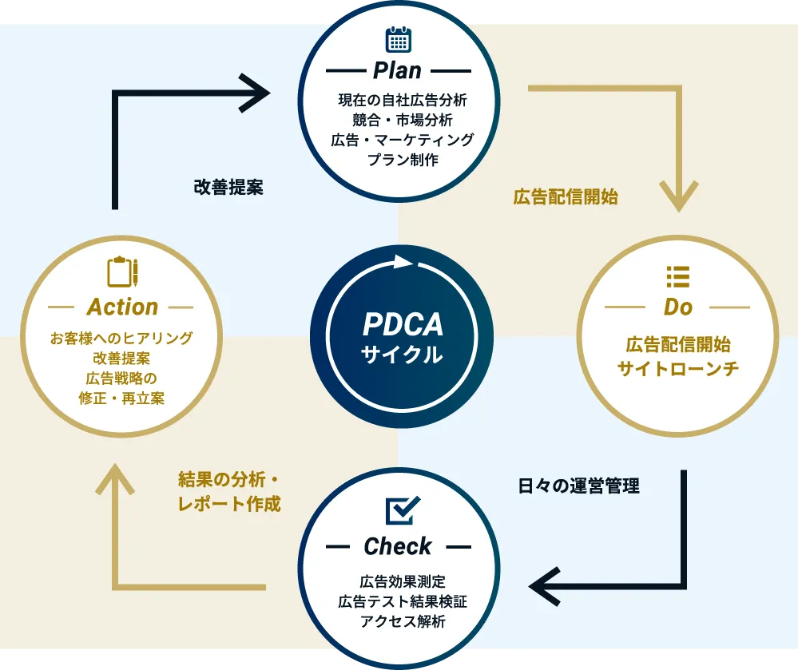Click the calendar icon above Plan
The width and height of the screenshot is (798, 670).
click(398, 39)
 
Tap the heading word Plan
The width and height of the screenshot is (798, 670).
click(397, 70)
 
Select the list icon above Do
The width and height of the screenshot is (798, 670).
click(677, 276)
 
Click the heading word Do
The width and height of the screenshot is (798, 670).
click(677, 307)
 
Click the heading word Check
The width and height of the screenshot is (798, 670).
click(397, 546)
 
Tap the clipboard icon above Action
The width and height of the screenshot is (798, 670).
click(122, 272)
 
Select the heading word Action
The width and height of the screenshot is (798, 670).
click(122, 307)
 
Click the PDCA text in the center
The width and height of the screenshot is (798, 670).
click(403, 324)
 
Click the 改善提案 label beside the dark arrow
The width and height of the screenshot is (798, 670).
click(228, 188)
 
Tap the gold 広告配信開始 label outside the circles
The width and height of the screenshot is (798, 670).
click(566, 197)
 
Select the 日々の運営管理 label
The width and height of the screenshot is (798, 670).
click(579, 485)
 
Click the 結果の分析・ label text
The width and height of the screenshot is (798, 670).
click(227, 480)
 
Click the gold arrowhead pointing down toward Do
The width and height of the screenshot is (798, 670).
click(678, 198)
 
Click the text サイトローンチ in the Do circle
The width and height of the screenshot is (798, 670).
click(677, 369)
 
